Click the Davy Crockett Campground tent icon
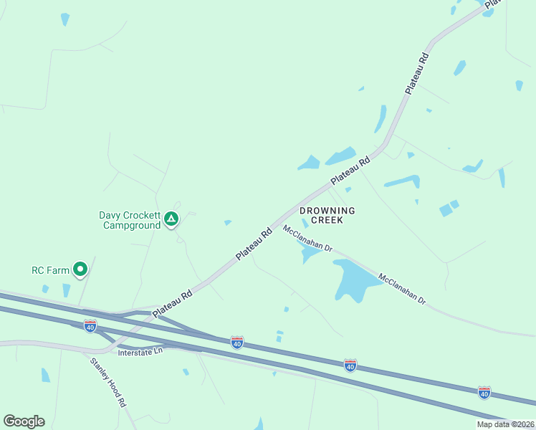[171, 219]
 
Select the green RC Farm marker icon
[80, 269]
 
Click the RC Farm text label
[49, 270]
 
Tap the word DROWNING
[327, 211]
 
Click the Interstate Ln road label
[140, 352]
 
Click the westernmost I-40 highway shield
[90, 326]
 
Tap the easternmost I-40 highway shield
[484, 392]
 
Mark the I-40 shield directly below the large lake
[350, 365]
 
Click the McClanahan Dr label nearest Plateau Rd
[308, 239]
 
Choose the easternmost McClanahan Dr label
[402, 289]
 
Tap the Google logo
[24, 421]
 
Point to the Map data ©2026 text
[505, 424]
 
